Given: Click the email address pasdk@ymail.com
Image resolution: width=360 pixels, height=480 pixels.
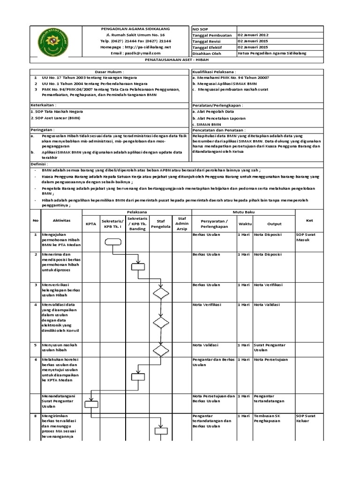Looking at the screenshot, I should (x=135, y=53).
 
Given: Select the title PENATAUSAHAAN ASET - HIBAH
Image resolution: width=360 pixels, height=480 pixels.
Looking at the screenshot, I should (x=180, y=60).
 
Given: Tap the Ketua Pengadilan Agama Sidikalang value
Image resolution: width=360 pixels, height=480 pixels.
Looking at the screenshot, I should (x=272, y=53).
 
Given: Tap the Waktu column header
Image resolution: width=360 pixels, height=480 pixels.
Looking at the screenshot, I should (x=245, y=224).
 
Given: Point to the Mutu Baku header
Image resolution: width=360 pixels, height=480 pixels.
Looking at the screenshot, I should (x=243, y=212).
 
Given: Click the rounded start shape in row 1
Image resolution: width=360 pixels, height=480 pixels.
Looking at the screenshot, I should (x=112, y=241).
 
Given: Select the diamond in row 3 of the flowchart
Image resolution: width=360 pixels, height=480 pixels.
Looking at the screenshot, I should (x=161, y=293).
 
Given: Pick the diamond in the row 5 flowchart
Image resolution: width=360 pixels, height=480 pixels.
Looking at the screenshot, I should (x=161, y=350).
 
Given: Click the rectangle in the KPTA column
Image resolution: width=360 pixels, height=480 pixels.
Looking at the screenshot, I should (x=91, y=404).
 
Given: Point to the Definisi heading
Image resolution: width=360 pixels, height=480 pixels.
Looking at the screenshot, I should (x=39, y=165).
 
